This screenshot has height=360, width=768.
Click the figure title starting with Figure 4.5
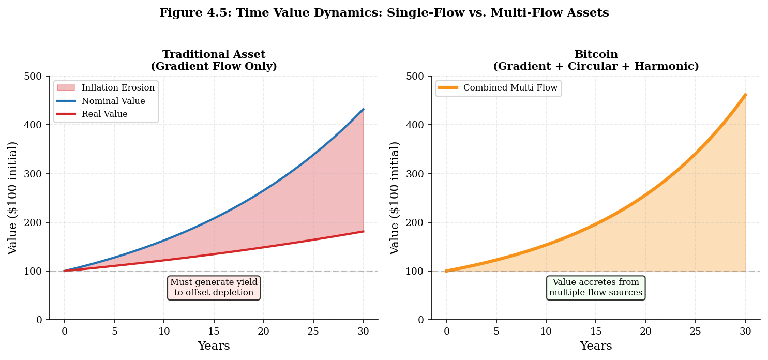click(384, 13)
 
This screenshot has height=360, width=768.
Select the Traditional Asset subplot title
click(214, 61)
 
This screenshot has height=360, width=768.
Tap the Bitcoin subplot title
click(596, 61)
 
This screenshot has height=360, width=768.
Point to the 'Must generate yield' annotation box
click(214, 288)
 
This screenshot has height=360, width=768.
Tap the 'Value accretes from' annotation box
click(596, 288)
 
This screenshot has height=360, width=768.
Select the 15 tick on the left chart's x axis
click(214, 331)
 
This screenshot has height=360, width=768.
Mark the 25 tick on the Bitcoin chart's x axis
click(695, 331)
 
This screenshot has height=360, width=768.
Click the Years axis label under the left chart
click(214, 346)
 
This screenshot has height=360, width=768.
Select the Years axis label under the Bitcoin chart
click(596, 346)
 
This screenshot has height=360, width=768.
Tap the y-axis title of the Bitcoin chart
click(395, 198)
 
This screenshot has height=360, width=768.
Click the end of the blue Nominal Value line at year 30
click(363, 109)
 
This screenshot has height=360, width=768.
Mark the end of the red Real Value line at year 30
click(363, 231)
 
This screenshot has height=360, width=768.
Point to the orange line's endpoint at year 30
click(745, 95)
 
